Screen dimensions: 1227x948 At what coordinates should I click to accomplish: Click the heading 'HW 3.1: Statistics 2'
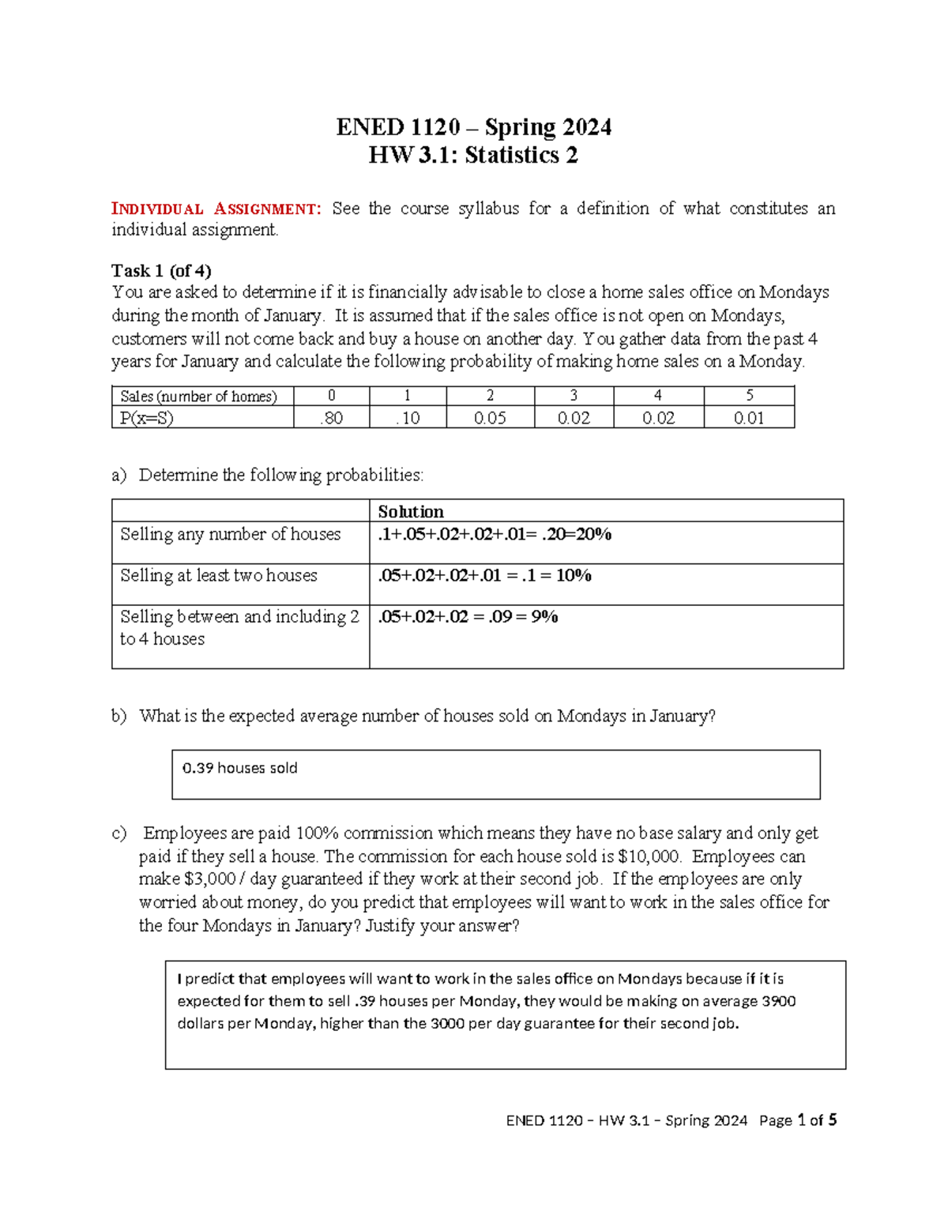473,155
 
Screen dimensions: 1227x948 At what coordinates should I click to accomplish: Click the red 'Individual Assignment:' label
216,209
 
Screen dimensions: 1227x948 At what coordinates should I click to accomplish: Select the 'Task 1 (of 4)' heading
161,270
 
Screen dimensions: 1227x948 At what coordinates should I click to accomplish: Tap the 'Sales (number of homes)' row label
198,396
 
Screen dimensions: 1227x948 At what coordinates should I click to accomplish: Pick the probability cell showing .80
331,418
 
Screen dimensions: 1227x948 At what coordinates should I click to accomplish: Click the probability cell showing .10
408,418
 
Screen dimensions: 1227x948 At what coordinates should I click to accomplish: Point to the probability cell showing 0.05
490,418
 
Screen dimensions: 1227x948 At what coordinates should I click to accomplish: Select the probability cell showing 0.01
748,418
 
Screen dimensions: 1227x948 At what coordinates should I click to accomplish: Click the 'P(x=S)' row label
146,418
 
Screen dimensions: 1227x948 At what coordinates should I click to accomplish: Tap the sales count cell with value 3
574,396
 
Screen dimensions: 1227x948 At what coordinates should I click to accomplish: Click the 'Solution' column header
411,511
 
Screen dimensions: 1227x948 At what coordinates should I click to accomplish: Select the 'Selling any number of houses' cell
230,534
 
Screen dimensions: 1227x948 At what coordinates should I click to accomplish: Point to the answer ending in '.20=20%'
495,534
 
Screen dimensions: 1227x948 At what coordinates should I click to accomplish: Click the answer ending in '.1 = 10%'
484,575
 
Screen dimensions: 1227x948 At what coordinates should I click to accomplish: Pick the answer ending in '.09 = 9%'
468,616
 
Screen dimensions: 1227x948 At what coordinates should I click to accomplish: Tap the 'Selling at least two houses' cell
218,575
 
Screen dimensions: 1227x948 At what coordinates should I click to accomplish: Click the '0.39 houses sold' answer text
239,768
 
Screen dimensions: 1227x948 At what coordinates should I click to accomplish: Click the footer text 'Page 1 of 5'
797,1120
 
